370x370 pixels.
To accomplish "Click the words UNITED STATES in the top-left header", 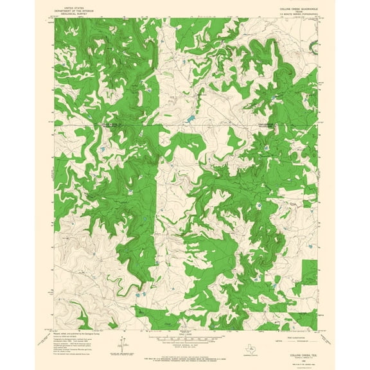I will [75, 4].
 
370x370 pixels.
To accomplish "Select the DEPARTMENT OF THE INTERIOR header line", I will [75, 8].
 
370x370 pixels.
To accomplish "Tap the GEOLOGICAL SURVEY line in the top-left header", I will [75, 11].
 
